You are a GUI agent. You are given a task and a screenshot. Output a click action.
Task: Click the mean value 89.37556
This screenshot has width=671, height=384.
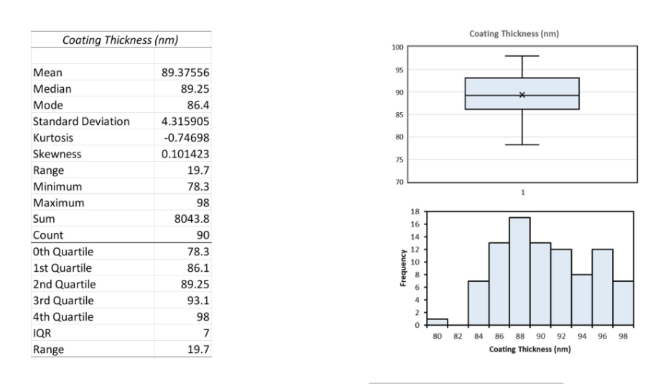coord(185,73)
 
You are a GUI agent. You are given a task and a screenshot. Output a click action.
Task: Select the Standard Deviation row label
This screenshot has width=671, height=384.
coord(81,122)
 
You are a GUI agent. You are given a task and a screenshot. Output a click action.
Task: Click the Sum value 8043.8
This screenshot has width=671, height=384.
coord(190,219)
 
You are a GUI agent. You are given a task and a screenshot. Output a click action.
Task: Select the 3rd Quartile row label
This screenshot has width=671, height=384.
coord(63,301)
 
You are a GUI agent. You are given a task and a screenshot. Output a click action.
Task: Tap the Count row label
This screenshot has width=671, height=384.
coord(48,235)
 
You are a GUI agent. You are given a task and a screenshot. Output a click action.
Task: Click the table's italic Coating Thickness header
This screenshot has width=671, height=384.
coord(121,40)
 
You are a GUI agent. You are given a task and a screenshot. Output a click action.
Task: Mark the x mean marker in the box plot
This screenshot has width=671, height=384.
coord(522,95)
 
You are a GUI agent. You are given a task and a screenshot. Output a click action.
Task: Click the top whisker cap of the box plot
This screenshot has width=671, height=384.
coord(522,55)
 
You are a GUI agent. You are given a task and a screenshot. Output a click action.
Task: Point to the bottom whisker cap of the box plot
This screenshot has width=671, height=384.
coord(522,145)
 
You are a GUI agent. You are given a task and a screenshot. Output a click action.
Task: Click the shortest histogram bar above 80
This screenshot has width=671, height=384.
coord(437,321)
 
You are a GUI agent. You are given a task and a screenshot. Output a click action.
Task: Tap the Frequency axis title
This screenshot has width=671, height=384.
coord(404,268)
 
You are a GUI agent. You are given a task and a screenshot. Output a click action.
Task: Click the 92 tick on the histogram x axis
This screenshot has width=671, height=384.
coord(561,335)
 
